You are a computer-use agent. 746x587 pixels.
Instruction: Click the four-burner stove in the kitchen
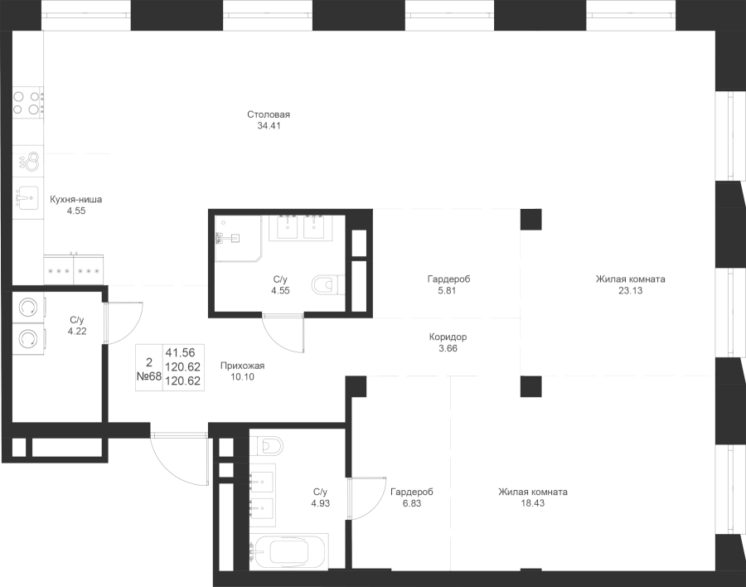tap(28, 103)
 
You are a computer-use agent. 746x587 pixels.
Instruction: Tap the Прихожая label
tap(242, 366)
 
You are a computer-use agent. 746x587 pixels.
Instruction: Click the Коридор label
tap(448, 337)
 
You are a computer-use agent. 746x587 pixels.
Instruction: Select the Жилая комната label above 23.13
tap(630, 279)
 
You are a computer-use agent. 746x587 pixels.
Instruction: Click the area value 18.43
tap(533, 503)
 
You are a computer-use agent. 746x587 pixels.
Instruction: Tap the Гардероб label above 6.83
tap(412, 492)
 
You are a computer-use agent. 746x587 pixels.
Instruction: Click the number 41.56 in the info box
tap(180, 352)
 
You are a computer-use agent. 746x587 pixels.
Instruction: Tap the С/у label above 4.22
tap(77, 319)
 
